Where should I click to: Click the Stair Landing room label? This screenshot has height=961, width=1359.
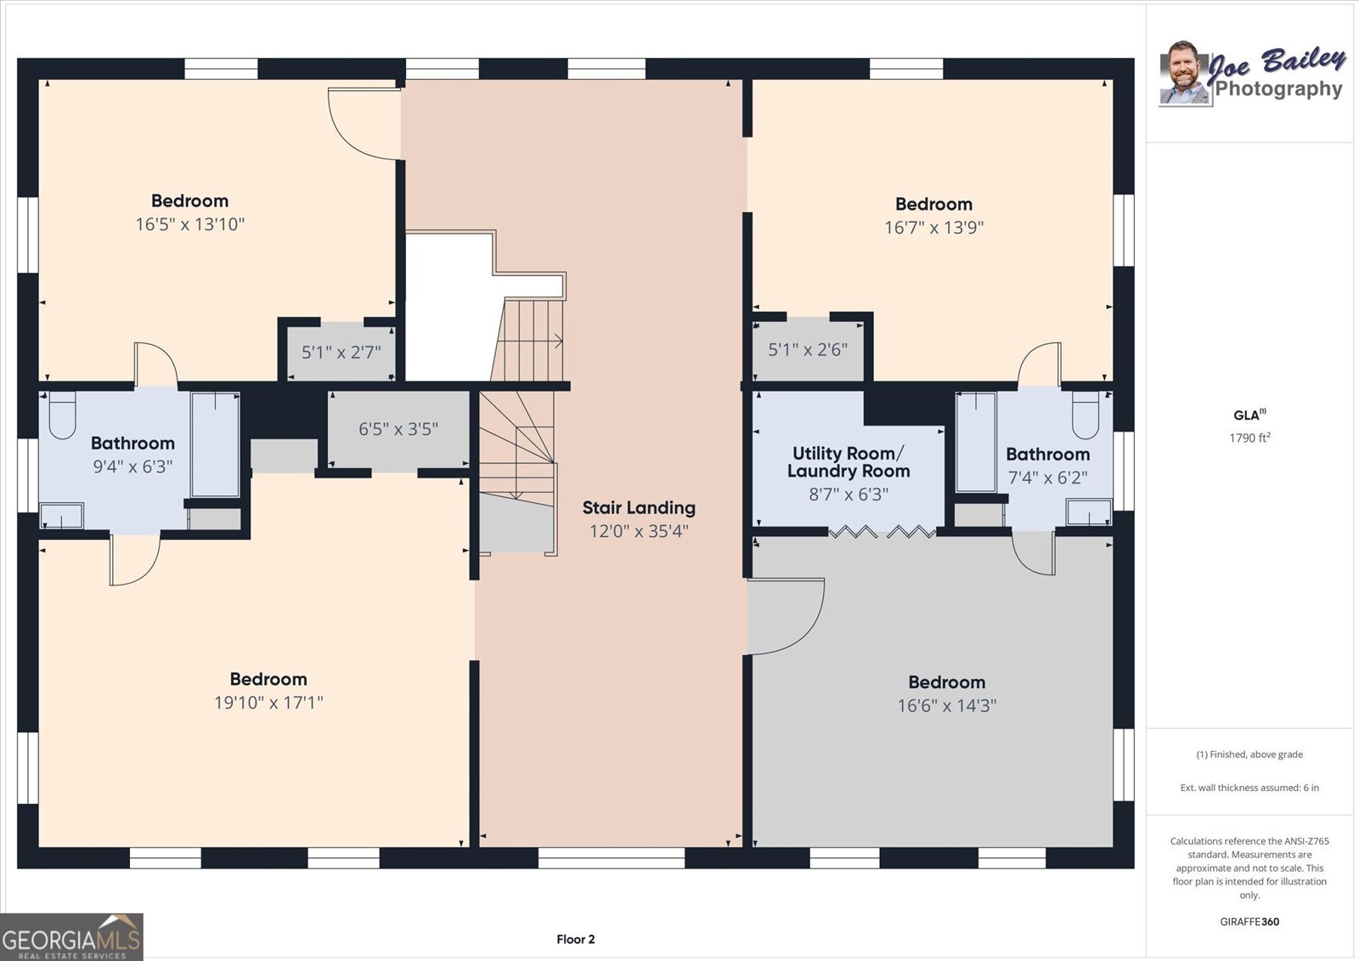click(x=638, y=507)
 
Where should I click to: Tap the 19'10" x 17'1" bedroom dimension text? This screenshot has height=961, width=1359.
click(x=268, y=703)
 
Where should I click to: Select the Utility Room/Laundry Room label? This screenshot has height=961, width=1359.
click(x=849, y=462)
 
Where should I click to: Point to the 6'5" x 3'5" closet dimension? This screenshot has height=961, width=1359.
click(x=398, y=429)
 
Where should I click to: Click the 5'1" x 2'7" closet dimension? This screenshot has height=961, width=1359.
click(x=341, y=352)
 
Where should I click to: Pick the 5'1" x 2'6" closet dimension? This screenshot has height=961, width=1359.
click(x=808, y=350)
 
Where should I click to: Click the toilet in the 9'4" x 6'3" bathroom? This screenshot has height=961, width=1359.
click(x=61, y=415)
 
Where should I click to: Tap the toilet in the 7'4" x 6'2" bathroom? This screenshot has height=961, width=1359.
click(x=1086, y=415)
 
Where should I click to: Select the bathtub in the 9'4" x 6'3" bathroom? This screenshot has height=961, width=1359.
click(x=216, y=445)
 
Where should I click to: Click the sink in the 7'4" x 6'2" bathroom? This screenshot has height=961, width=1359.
click(x=1089, y=512)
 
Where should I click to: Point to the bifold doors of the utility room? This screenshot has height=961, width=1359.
click(x=882, y=533)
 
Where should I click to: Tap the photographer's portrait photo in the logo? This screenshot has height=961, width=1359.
click(x=1184, y=73)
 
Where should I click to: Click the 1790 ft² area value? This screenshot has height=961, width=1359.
click(x=1249, y=438)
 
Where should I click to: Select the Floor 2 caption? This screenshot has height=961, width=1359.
click(x=576, y=939)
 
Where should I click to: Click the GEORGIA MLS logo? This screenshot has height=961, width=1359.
click(x=71, y=936)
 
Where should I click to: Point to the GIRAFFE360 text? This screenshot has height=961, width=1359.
click(x=1249, y=922)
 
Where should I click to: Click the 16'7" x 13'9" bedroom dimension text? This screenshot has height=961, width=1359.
click(x=933, y=228)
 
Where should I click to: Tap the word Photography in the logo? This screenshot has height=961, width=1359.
click(x=1278, y=88)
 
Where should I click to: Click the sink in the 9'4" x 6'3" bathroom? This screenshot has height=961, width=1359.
click(x=62, y=516)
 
